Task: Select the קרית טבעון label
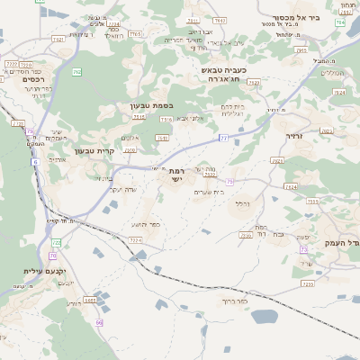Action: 94,151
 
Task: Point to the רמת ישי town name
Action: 176,175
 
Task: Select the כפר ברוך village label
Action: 234,301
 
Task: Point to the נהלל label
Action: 242,204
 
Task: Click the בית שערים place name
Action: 208,192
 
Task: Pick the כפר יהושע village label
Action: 149,224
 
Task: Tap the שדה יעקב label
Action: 121,189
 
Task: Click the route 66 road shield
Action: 99,322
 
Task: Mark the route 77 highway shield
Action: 223,137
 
